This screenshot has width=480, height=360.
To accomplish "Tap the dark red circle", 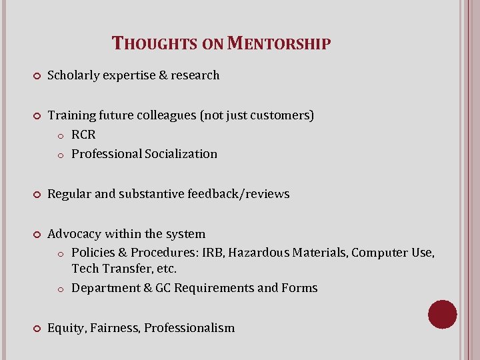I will (443, 314).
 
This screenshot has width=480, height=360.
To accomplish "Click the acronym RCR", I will (84, 135).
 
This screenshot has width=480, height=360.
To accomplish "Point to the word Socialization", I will (180, 154).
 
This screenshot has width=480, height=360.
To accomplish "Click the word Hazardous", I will (257, 253).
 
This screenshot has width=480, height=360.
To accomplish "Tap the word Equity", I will (66, 328).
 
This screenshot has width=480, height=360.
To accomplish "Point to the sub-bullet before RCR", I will (60, 135).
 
